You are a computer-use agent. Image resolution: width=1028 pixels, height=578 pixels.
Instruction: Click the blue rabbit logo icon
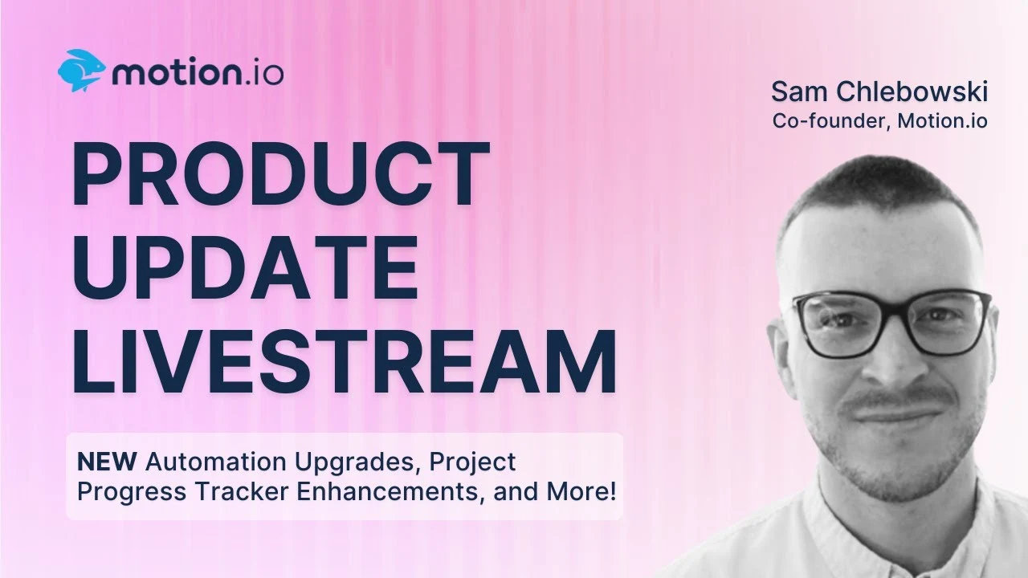coord(82,71)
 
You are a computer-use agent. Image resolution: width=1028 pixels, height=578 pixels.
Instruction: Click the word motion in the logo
coord(177,73)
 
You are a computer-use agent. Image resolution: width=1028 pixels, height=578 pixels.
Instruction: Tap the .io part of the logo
coord(263,74)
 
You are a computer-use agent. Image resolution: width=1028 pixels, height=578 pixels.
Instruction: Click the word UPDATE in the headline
coord(246,267)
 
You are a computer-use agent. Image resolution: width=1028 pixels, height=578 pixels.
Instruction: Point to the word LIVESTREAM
coord(345,360)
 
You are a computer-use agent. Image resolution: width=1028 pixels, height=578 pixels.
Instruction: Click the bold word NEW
coord(107,462)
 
